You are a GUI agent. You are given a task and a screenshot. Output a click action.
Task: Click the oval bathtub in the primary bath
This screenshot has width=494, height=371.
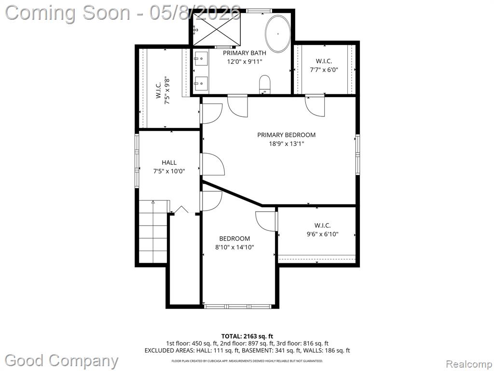click(x=278, y=34)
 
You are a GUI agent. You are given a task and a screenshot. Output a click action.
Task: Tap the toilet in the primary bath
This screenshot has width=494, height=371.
click(x=265, y=84)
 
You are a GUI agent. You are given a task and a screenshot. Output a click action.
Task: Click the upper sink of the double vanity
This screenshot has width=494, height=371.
click(x=201, y=58)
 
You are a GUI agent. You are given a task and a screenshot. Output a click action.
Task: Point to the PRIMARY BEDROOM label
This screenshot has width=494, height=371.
click(x=287, y=135)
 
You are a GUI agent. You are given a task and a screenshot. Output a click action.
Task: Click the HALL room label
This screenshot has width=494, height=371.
click(x=169, y=162)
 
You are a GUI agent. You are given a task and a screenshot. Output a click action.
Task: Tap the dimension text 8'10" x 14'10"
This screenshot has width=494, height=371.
click(x=235, y=247)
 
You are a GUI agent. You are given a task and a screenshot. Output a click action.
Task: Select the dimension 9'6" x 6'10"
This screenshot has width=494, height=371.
click(x=323, y=234)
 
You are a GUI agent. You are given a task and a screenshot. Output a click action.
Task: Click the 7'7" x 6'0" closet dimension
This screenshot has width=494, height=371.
click(x=324, y=70)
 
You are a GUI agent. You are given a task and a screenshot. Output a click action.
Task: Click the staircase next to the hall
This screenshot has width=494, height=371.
click(x=153, y=231)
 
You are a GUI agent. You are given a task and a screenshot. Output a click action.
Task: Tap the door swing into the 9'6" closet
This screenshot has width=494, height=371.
click(x=266, y=221)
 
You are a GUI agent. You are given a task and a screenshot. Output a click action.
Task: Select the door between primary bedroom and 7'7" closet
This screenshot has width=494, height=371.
click(x=315, y=106)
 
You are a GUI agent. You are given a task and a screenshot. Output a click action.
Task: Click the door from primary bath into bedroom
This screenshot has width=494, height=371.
click(x=238, y=106)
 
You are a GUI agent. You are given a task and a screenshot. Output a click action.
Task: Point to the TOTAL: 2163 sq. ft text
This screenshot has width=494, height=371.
click(x=245, y=336)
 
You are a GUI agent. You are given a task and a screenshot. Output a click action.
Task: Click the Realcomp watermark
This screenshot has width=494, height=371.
click(x=469, y=364)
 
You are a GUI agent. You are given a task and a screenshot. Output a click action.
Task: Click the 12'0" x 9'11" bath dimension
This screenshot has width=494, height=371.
click(x=245, y=61)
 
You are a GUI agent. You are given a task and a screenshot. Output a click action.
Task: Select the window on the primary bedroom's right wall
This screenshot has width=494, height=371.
click(x=357, y=154)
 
